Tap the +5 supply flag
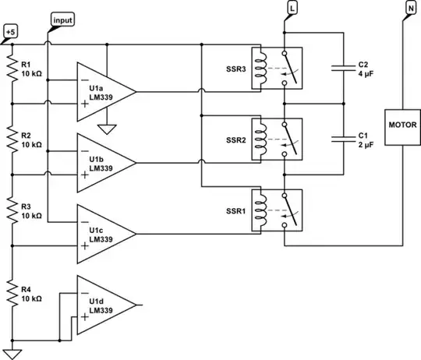pos(10,32)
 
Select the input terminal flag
pos(62,18)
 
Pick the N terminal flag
pos(410,7)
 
